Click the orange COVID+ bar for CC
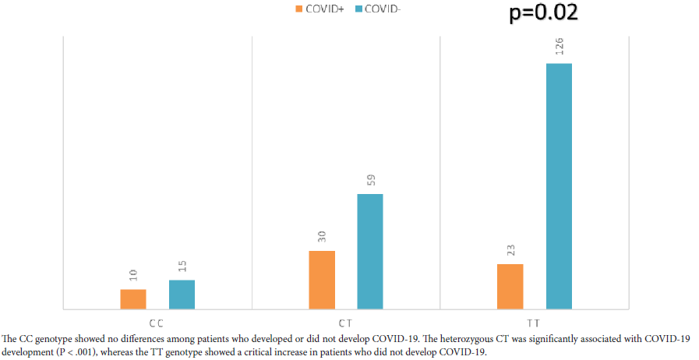click(x=132, y=298)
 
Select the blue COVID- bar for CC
click(x=182, y=294)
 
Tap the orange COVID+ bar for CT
click(x=322, y=279)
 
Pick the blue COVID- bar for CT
click(x=370, y=251)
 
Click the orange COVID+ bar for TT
click(x=510, y=286)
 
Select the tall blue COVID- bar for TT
click(x=559, y=185)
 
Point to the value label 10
click(x=133, y=275)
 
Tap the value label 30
click(x=322, y=236)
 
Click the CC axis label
click(x=155, y=322)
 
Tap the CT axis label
click(x=344, y=322)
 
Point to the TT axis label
click(x=533, y=322)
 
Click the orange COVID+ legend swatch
click(x=299, y=9)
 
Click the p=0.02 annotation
click(x=543, y=12)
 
